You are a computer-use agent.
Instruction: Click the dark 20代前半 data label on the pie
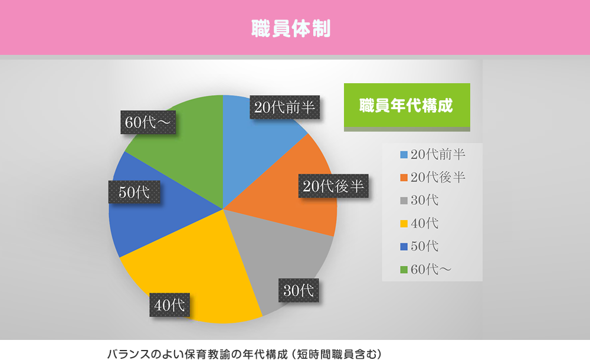click(x=285, y=107)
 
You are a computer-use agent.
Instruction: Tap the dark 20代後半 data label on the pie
click(x=333, y=186)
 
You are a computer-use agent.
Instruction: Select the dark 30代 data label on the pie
click(x=299, y=290)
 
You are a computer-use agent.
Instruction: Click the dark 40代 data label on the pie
click(x=170, y=305)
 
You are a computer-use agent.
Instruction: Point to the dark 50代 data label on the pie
click(x=135, y=192)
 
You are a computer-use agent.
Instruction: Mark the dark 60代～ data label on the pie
click(x=148, y=122)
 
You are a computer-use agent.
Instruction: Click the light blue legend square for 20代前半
click(x=404, y=155)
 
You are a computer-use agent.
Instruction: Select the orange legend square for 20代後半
click(x=404, y=178)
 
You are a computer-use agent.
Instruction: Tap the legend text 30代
click(x=425, y=200)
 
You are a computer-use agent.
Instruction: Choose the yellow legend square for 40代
click(x=404, y=224)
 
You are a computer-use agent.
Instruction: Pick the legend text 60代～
click(x=431, y=269)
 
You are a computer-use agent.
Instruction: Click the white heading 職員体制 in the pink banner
click(x=291, y=28)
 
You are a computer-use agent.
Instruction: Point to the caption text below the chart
click(x=245, y=354)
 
